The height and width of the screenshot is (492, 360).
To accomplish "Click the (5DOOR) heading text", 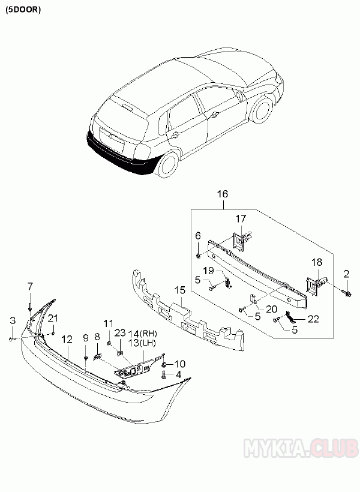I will coord(23,10).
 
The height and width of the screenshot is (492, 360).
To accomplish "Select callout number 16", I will coord(223,194).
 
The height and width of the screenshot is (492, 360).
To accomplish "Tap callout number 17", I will coord(240,218).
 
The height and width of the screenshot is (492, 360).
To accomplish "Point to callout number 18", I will coord(317,262).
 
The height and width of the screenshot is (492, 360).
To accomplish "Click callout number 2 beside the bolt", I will coord(346,274).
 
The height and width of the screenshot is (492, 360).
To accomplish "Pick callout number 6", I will coord(198,237).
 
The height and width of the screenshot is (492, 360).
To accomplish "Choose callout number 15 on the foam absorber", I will coord(178,290).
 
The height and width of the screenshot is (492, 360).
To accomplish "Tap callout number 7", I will coord(30,286).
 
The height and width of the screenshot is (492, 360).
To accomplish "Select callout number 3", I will coord(12,321).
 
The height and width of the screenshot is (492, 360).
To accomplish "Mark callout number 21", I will coord(53,317).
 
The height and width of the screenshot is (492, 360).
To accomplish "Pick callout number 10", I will coord(180,363).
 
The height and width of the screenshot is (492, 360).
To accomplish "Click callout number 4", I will coord(178,375).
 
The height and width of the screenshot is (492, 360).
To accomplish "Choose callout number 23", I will coord(119,333).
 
